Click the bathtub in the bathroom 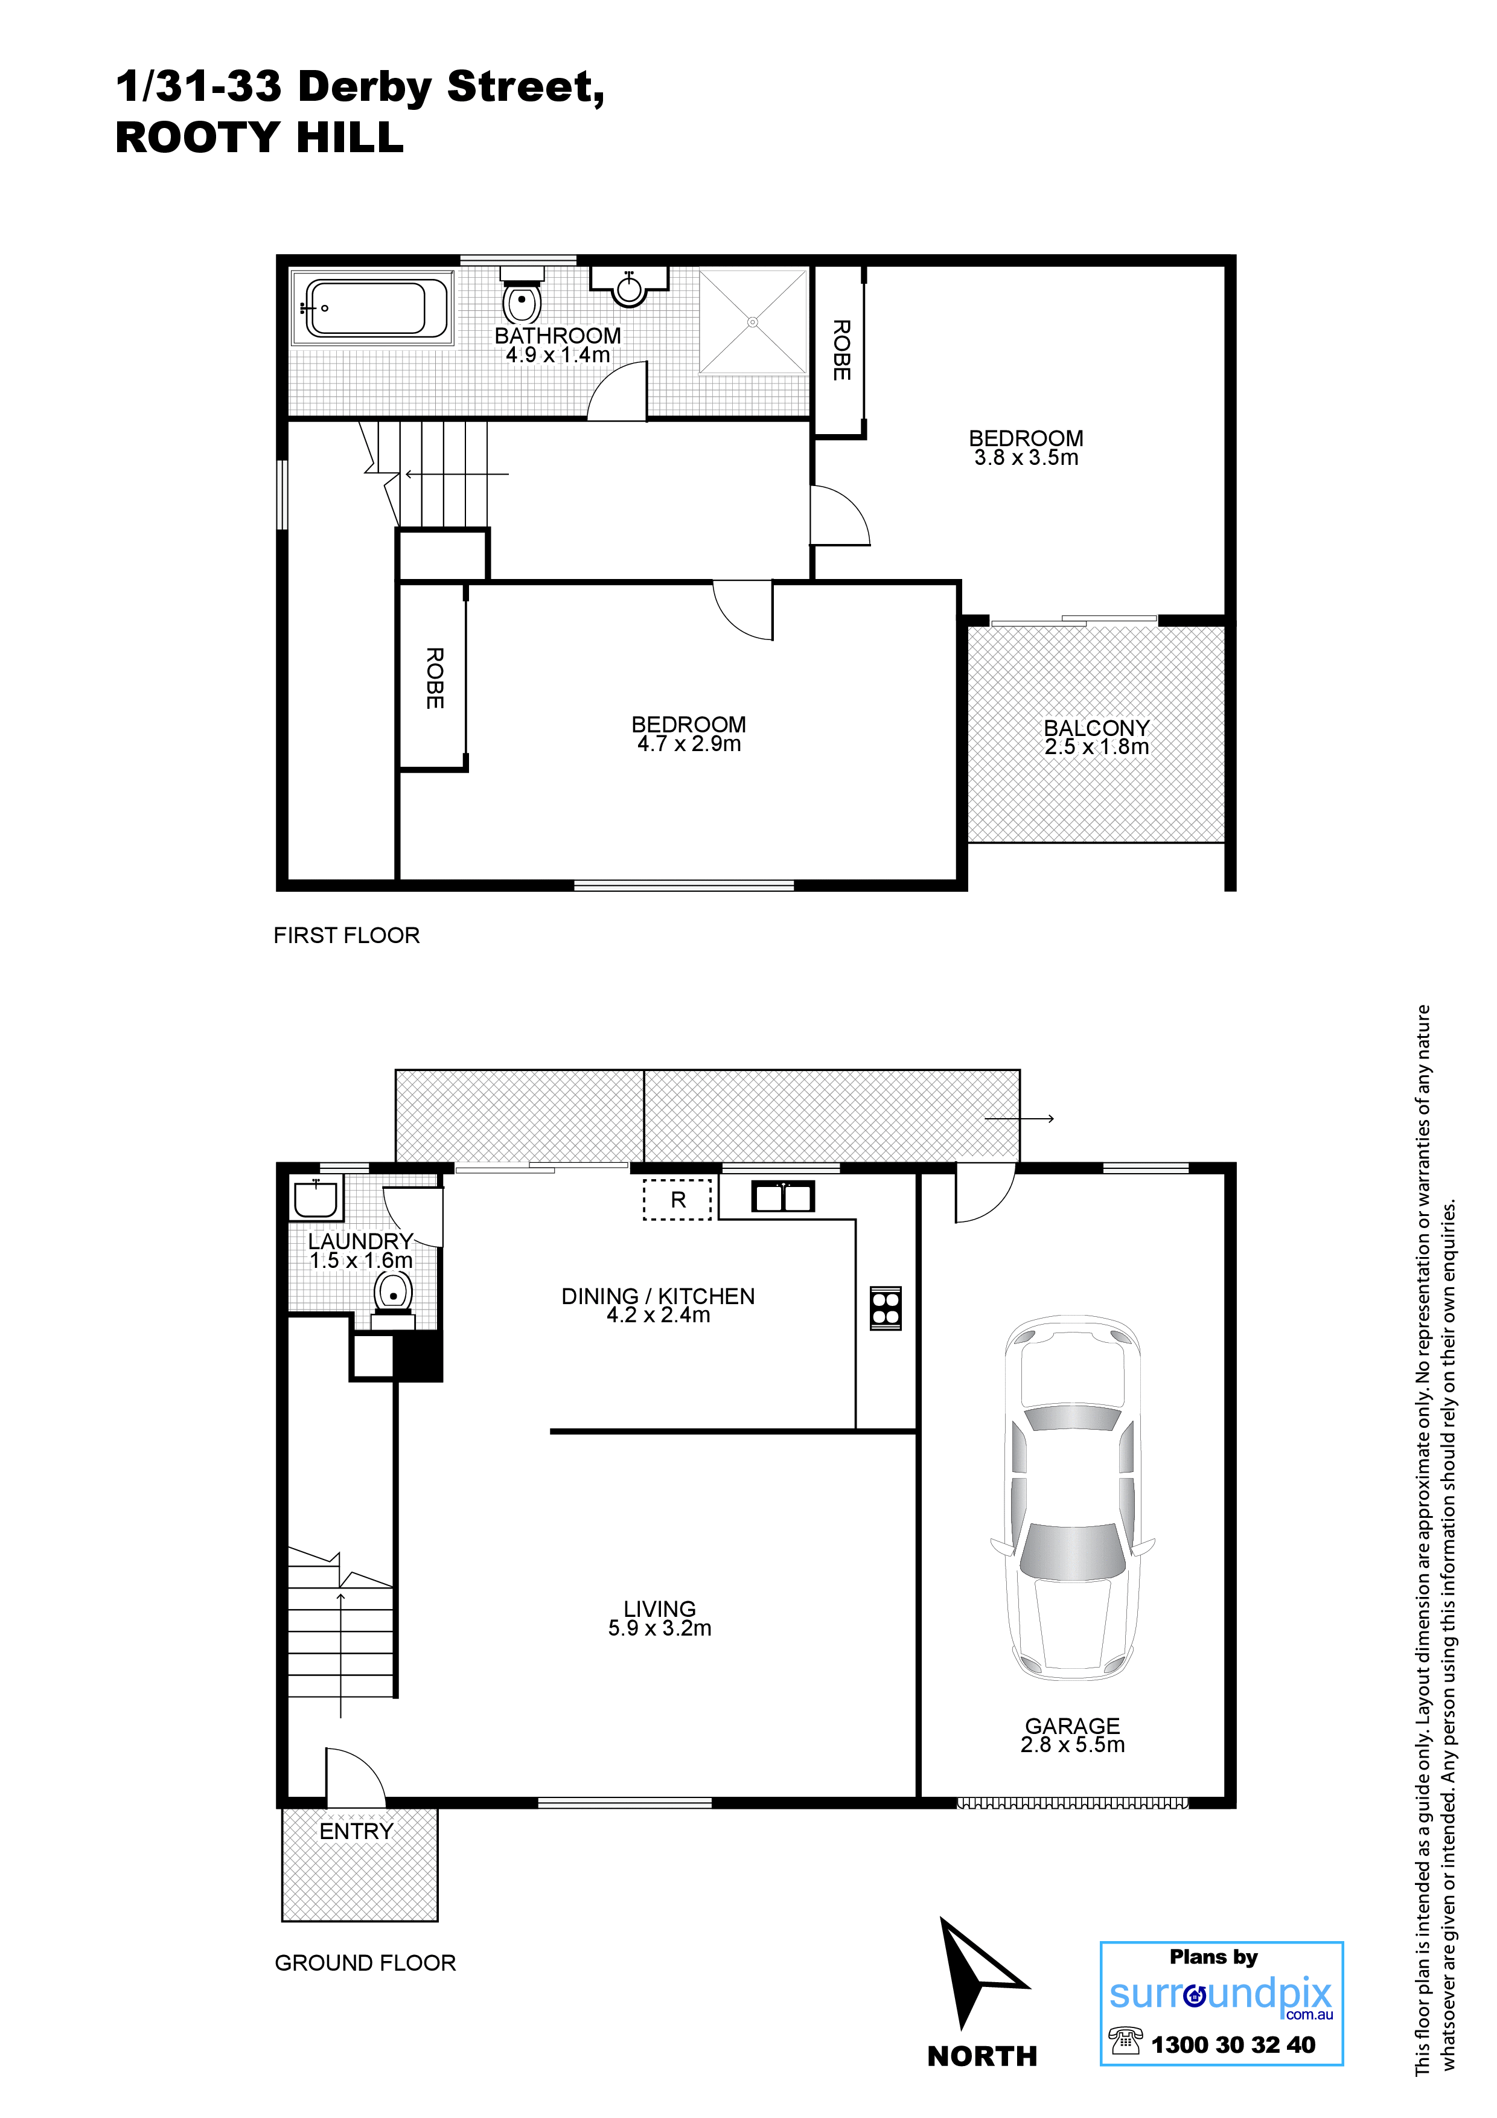[x=372, y=307]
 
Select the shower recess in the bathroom [x=753, y=322]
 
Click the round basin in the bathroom [x=629, y=287]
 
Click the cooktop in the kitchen [x=886, y=1308]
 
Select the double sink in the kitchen [x=783, y=1197]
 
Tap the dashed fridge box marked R [x=678, y=1199]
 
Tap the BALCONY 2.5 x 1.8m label [x=1097, y=737]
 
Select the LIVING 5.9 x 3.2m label [x=660, y=1618]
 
